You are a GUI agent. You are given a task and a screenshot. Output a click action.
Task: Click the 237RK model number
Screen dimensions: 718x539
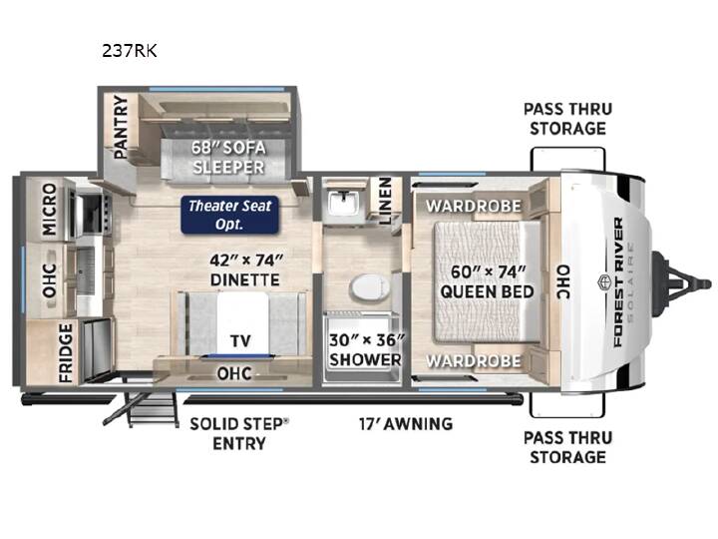coord(130,51)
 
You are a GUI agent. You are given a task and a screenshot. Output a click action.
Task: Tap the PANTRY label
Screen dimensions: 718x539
coord(121,127)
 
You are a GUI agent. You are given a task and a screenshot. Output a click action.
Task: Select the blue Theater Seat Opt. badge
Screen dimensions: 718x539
coord(230,215)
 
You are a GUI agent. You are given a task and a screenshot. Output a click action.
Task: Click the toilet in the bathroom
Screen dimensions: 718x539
coord(370,287)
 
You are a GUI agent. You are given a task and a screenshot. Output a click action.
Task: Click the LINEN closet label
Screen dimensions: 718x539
coord(385,201)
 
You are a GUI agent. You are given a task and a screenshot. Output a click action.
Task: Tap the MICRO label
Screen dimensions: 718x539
coord(49,210)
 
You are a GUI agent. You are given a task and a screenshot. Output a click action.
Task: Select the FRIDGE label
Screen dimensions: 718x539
coord(66,353)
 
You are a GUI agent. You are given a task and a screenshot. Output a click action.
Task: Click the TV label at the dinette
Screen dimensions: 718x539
coord(240,341)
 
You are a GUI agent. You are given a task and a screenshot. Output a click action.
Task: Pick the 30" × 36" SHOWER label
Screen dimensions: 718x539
coord(366,349)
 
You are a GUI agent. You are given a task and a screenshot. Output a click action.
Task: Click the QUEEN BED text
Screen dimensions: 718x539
coord(488,291)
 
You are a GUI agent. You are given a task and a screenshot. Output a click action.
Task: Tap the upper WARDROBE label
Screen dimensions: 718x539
coord(474,206)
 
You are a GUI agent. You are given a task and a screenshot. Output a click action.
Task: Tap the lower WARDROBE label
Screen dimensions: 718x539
coord(474,361)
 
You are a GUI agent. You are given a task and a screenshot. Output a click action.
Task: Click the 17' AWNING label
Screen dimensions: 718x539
coord(406,424)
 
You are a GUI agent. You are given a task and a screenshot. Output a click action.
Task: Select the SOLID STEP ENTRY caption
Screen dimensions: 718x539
coord(239,433)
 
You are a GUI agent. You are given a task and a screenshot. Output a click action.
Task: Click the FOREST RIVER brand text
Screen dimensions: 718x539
coord(618,281)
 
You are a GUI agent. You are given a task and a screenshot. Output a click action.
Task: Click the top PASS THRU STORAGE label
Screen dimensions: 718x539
coord(567,119)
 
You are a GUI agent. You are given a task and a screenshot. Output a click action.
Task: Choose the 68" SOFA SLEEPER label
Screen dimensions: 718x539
coord(228,158)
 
